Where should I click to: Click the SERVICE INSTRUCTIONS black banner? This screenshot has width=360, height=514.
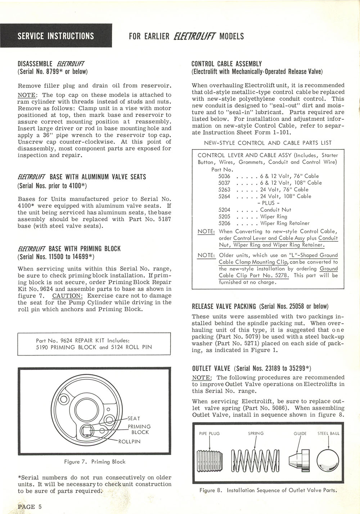click(56, 36)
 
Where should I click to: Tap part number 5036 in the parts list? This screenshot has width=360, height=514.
click(224, 176)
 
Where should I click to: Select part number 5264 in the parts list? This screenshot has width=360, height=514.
click(224, 196)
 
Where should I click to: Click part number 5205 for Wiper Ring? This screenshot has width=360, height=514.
click(224, 216)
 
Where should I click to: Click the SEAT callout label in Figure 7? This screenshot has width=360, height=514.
click(134, 419)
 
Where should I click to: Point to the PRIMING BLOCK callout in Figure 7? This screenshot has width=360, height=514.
click(139, 429)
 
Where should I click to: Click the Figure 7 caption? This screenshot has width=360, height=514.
click(95, 461)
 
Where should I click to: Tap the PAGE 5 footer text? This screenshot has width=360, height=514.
click(30, 506)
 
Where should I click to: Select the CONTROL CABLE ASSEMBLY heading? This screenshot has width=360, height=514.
click(226, 64)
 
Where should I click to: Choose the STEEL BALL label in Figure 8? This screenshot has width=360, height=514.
click(328, 433)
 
